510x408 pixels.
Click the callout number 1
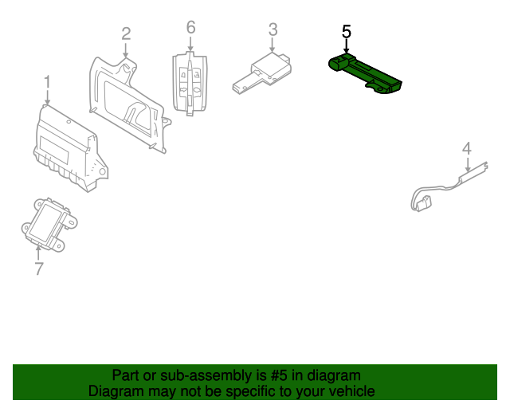tap(47, 81)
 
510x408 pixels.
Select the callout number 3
tap(273, 29)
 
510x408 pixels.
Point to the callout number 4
tap(467, 147)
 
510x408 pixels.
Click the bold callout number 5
tap(346, 32)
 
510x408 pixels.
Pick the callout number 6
tap(190, 27)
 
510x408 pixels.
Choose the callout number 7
tap(39, 269)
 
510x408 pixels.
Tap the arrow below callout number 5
tap(346, 48)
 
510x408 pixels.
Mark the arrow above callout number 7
tap(39, 253)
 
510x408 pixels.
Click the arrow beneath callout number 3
tap(273, 45)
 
